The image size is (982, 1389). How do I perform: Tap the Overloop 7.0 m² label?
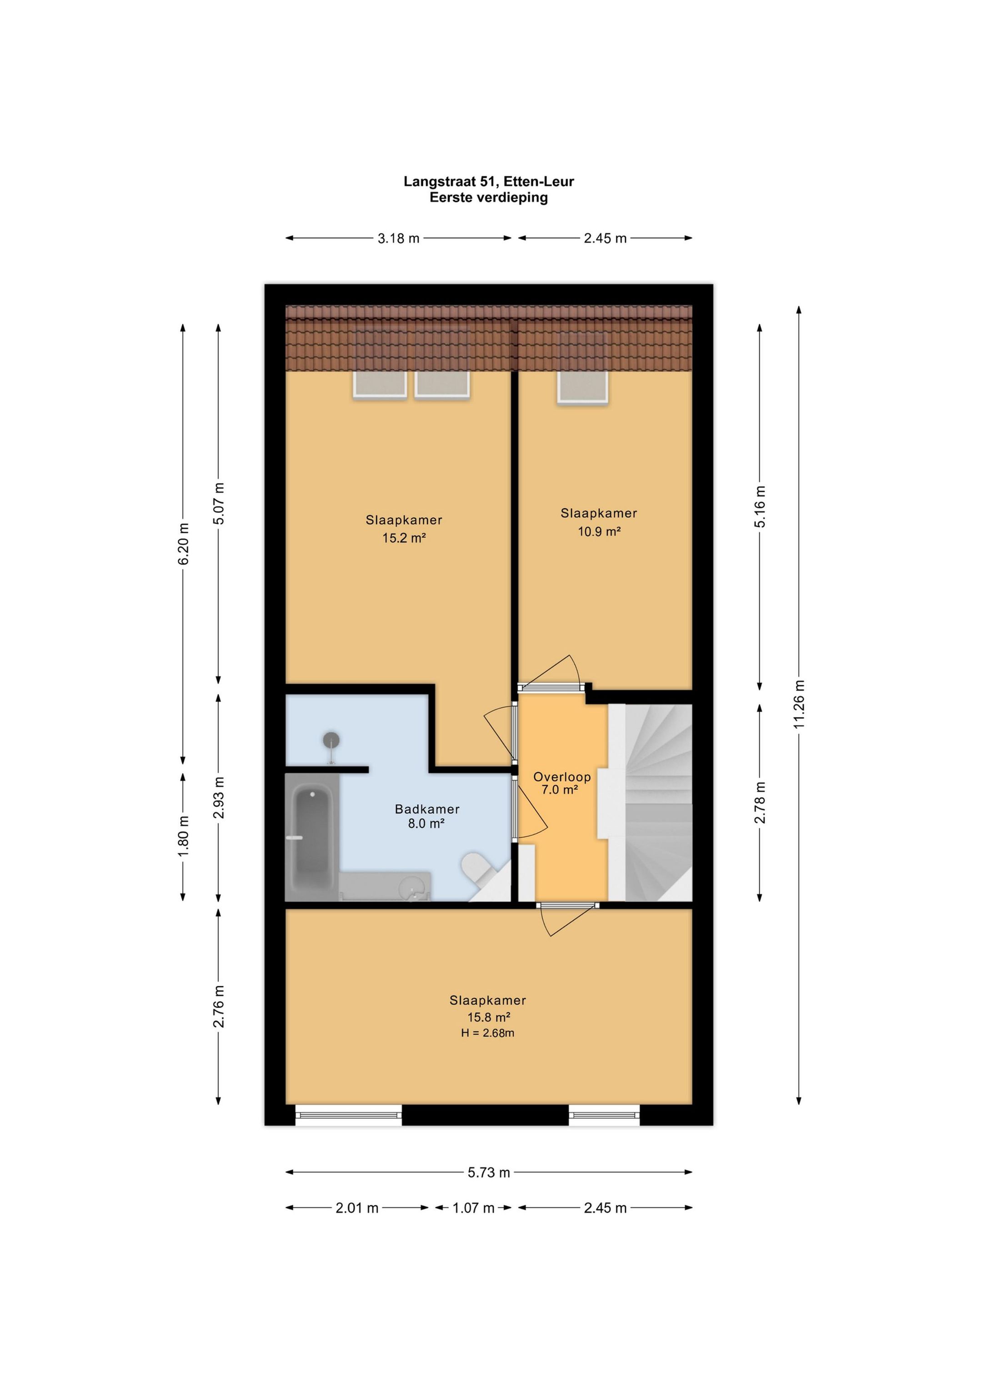[561, 783]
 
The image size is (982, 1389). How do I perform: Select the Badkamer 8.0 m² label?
[426, 816]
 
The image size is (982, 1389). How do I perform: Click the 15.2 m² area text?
[404, 537]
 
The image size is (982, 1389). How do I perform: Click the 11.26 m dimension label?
[799, 703]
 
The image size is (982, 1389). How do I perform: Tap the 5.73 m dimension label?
[489, 1173]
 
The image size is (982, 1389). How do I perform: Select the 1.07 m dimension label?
[474, 1208]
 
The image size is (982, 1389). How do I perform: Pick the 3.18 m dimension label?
[398, 238]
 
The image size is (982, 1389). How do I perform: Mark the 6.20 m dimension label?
[183, 544]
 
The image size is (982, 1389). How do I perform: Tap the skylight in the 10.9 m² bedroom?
[582, 366]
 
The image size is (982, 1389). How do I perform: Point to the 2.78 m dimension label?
[760, 802]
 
